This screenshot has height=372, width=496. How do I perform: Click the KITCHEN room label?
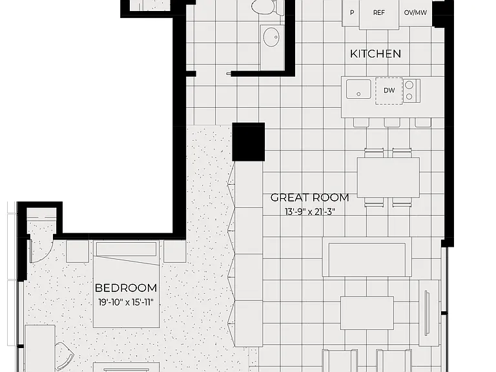tap(375, 54)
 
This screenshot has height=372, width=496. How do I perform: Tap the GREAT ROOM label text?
tap(310, 198)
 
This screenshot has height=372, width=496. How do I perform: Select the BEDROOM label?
tap(126, 288)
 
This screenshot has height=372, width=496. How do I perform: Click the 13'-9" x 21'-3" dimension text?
tap(310, 212)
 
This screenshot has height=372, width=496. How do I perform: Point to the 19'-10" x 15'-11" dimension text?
tap(126, 302)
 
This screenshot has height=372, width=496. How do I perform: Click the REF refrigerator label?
tap(379, 13)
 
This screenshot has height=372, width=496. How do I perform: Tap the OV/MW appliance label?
tap(415, 13)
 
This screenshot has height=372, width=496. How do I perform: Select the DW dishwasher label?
tap(389, 90)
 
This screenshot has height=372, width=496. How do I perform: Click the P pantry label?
tap(352, 13)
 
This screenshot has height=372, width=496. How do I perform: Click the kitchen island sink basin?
tap(358, 89)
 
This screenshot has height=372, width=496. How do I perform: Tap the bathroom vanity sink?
tap(271, 37)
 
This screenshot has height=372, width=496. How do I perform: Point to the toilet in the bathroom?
tap(267, 7)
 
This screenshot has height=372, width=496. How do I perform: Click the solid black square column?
tap(248, 141)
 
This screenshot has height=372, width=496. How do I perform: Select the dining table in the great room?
tap(388, 178)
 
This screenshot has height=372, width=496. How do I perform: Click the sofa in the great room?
tap(367, 257)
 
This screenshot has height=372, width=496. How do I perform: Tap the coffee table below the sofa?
tap(367, 313)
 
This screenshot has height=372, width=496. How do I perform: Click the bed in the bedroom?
tap(126, 284)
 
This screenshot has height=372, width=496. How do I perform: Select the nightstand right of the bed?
tap(174, 251)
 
